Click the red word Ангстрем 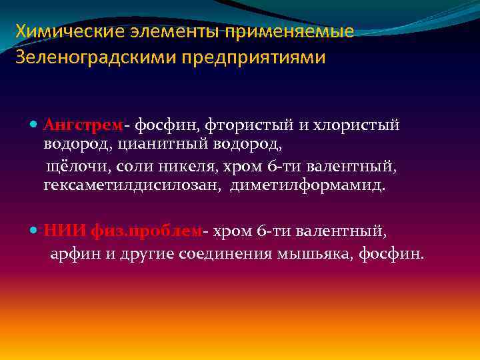point(83,125)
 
